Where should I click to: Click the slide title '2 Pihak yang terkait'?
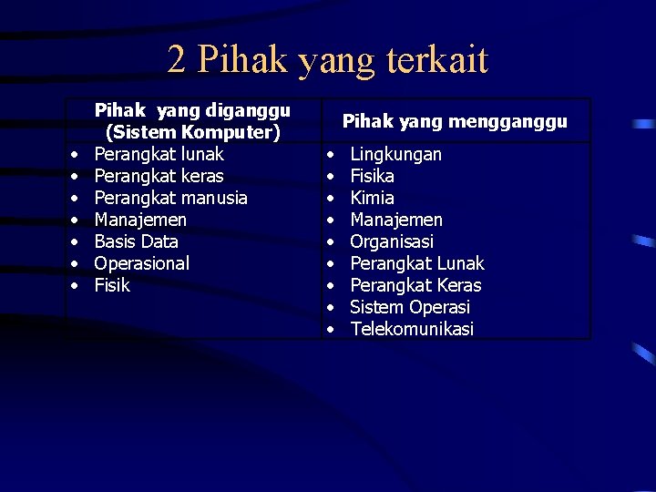point(328,60)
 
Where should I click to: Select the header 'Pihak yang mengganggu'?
point(455,121)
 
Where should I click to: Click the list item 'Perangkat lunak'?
point(159,154)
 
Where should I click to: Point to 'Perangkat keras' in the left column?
point(159,176)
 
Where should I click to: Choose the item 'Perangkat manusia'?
point(171,198)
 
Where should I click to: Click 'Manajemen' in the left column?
point(140,220)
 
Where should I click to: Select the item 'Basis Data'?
point(137,241)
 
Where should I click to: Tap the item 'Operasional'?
point(142,263)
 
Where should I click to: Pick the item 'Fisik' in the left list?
point(112,285)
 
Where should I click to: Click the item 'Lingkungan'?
point(396,154)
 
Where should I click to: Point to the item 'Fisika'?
point(373,176)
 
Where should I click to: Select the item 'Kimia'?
point(373,198)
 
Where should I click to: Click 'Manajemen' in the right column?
point(396,220)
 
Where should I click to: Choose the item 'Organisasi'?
point(392,241)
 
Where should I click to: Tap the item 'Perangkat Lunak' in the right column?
point(417,263)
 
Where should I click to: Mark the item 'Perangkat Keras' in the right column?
point(416,285)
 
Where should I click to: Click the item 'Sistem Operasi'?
point(410,307)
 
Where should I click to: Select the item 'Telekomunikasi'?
point(412,329)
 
